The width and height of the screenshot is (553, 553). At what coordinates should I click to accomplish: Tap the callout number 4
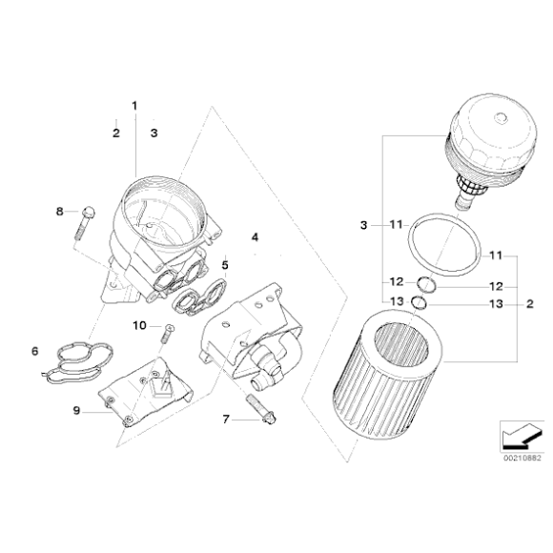tap(254, 235)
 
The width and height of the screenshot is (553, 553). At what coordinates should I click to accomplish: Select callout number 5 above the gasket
tap(225, 264)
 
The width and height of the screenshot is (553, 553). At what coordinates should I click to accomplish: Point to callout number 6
tap(35, 351)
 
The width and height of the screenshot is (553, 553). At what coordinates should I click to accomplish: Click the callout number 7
tap(226, 419)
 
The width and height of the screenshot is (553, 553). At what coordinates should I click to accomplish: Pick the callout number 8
tap(59, 211)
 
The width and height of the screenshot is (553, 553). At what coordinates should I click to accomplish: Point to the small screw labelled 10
tap(168, 333)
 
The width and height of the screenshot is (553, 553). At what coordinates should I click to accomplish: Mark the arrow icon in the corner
tap(515, 436)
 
